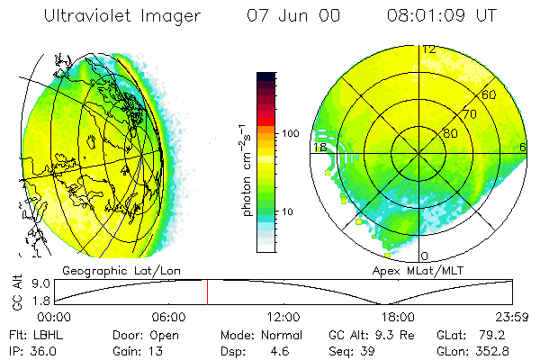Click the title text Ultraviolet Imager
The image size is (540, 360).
click(122, 16)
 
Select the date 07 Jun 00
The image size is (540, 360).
click(293, 16)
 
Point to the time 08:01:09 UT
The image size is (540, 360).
click(442, 16)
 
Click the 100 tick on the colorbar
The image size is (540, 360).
click(291, 133)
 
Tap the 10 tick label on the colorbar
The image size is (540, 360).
click(288, 211)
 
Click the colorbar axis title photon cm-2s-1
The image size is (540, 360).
click(246, 170)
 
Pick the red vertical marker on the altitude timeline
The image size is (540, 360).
click(207, 292)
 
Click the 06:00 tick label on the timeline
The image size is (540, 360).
click(169, 317)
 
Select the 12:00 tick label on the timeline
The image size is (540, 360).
click(283, 317)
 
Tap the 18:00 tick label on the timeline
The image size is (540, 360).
click(398, 317)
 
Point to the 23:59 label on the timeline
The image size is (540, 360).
click(512, 317)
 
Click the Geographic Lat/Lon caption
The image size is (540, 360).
click(121, 271)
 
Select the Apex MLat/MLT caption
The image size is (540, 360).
click(418, 271)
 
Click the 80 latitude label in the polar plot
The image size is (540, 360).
click(450, 133)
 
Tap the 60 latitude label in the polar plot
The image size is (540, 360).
click(489, 94)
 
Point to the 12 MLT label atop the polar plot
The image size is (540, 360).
click(429, 50)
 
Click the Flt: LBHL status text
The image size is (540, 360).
click(37, 335)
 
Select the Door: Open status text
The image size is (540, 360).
click(146, 336)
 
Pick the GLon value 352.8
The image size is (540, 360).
click(492, 351)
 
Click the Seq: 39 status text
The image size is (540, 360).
click(352, 352)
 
